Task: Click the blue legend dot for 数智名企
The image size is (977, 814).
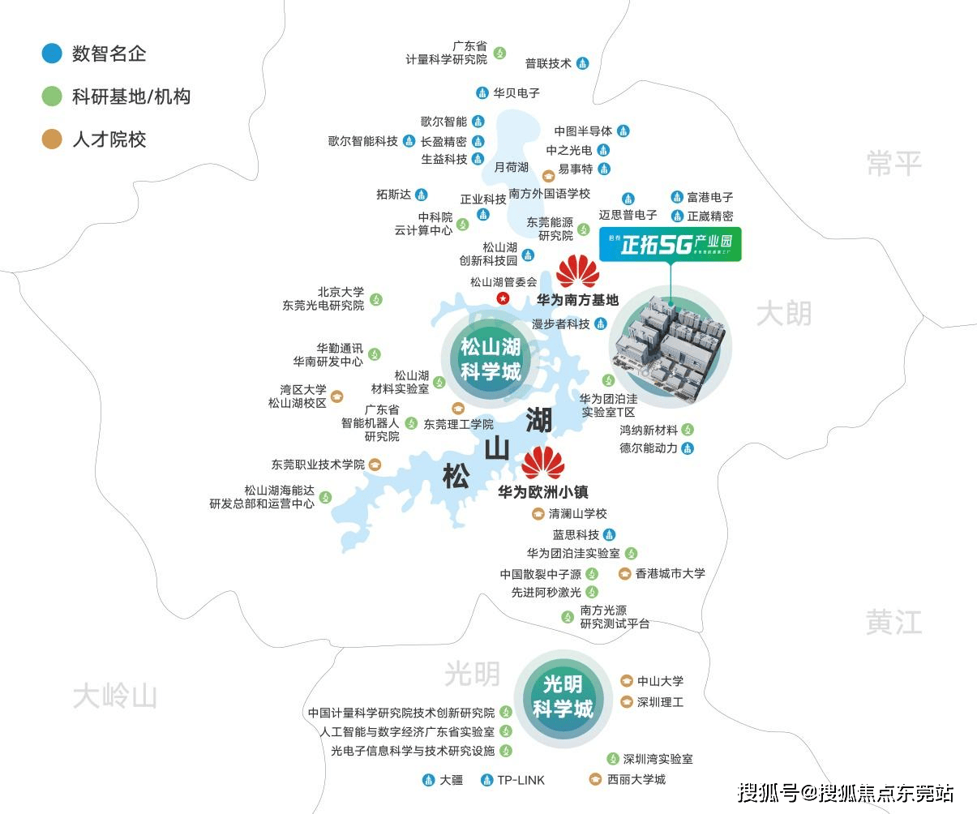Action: pos(52,54)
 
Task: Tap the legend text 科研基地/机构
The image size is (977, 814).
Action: pos(131,97)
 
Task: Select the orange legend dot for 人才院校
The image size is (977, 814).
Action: pos(52,139)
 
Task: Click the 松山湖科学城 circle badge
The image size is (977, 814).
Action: pos(490,359)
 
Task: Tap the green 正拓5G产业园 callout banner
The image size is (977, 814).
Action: pos(670,245)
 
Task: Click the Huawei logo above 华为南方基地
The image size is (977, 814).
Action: pos(578,272)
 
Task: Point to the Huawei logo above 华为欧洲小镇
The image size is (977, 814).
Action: pos(542,463)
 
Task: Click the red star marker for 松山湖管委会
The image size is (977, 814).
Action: pos(503,299)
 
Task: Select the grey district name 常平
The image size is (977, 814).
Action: pos(893,163)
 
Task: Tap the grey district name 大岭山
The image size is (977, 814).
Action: pos(114,696)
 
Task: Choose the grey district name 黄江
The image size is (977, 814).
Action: pos(893,623)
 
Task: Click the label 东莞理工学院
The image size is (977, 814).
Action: pos(458,424)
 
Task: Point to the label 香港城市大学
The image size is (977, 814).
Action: pos(670,573)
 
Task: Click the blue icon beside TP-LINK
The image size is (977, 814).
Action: pos(486,780)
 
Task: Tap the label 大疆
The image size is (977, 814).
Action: pos(451,780)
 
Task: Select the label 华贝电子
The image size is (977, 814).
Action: pos(516,93)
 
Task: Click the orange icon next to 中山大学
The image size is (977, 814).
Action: pos(626,681)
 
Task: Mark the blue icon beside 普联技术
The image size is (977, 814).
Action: pos(582,63)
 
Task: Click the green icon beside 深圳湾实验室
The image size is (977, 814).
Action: pos(613,759)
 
